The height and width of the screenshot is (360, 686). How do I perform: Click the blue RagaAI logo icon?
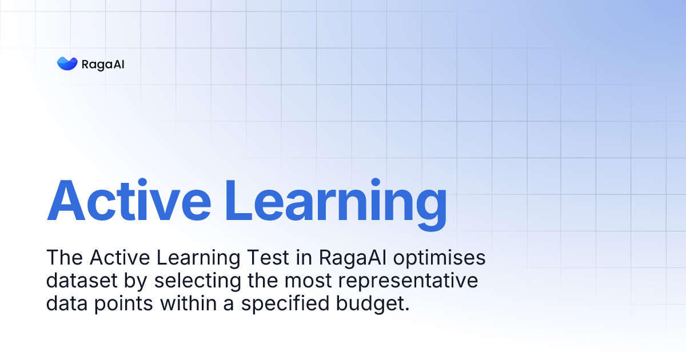67,64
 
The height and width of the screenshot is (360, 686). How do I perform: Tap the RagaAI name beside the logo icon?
103,64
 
